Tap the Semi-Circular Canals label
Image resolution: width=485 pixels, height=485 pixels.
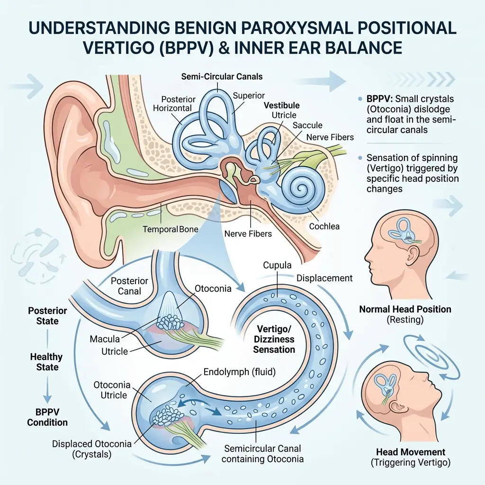pos(221,76)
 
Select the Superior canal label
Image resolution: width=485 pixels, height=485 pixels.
pos(249,96)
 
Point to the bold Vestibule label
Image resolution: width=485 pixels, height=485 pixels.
pos(282,106)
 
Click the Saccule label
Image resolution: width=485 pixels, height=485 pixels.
pos(307,126)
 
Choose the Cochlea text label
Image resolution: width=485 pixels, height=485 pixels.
pos(324,226)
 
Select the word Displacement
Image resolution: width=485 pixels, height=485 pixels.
pos(324,278)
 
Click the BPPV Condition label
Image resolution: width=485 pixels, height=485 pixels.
pos(47,417)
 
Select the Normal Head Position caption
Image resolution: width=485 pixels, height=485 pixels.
pos(405,309)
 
